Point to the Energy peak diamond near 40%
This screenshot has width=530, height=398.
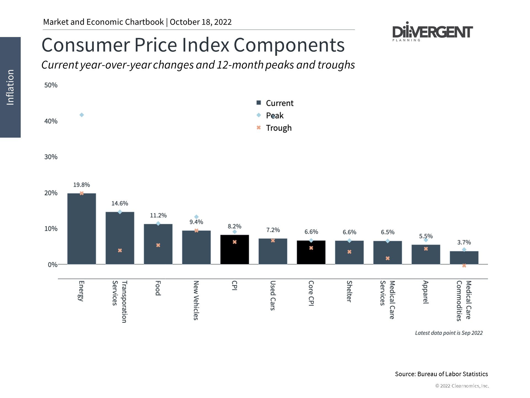tap(82, 115)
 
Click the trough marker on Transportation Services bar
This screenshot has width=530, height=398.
tap(120, 250)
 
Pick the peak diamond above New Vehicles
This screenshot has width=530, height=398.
tap(196, 217)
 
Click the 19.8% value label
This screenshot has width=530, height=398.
tap(81, 185)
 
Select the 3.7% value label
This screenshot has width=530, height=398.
tap(464, 242)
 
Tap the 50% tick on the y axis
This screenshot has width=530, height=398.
tap(51, 85)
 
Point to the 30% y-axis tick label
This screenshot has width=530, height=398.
tap(51, 157)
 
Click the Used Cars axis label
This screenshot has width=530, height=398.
tap(272, 295)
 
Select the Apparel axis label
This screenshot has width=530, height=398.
tap(426, 292)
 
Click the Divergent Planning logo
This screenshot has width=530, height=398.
tap(432, 32)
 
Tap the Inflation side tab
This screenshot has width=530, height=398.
tap(10, 87)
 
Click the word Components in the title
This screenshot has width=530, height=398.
tap(289, 45)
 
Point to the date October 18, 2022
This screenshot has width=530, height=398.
tap(201, 22)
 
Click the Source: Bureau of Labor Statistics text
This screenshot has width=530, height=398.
tap(441, 374)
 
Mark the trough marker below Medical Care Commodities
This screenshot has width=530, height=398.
tap(464, 266)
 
